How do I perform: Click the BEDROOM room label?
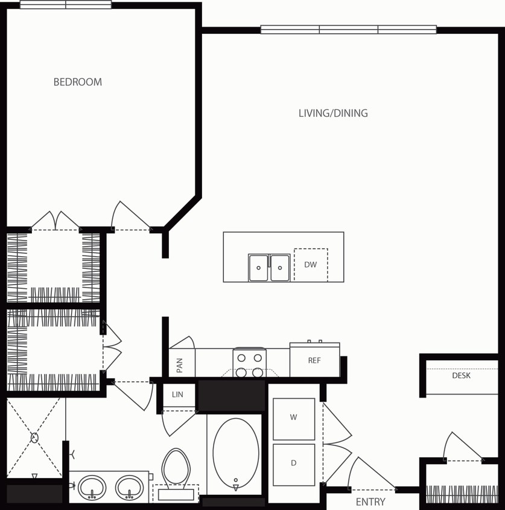(x=78, y=82)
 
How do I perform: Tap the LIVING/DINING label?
(x=333, y=113)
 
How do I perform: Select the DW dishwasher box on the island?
(x=311, y=265)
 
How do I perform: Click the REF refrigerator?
(x=314, y=360)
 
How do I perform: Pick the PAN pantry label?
(x=180, y=364)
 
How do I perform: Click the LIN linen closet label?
(x=177, y=395)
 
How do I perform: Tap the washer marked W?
(x=294, y=418)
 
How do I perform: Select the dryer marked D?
(x=294, y=464)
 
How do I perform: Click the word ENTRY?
(x=370, y=502)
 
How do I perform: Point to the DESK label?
(x=461, y=376)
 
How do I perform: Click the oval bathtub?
(x=236, y=453)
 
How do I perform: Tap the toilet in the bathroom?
(x=176, y=468)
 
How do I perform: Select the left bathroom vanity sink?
(x=92, y=487)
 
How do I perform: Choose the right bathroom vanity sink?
(x=129, y=487)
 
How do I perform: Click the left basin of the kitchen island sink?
(x=258, y=268)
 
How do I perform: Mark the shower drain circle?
(x=34, y=437)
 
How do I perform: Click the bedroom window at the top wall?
(x=66, y=5)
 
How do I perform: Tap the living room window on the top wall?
(x=348, y=29)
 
